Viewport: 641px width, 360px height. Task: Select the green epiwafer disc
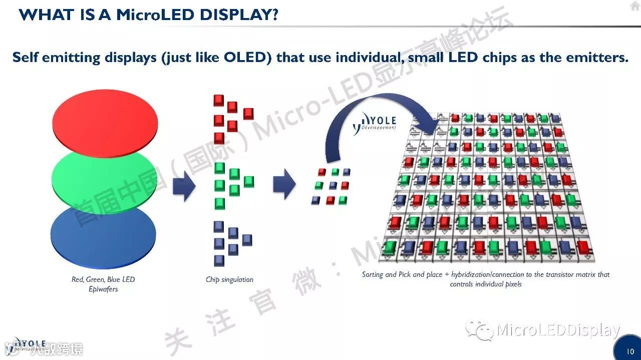pos(105,178)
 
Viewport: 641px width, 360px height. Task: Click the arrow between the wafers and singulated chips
pos(184,185)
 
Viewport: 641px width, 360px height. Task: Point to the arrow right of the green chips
pos(284,184)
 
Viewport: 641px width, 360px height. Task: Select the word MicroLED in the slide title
pos(156,15)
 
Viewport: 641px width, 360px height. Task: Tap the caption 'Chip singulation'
pos(229,279)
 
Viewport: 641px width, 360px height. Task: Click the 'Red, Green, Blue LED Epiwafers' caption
pos(103,284)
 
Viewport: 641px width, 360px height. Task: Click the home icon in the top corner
pos(634,6)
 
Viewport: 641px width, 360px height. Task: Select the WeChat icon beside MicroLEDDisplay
pos(479,330)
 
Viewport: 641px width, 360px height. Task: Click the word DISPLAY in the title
pos(239,15)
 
